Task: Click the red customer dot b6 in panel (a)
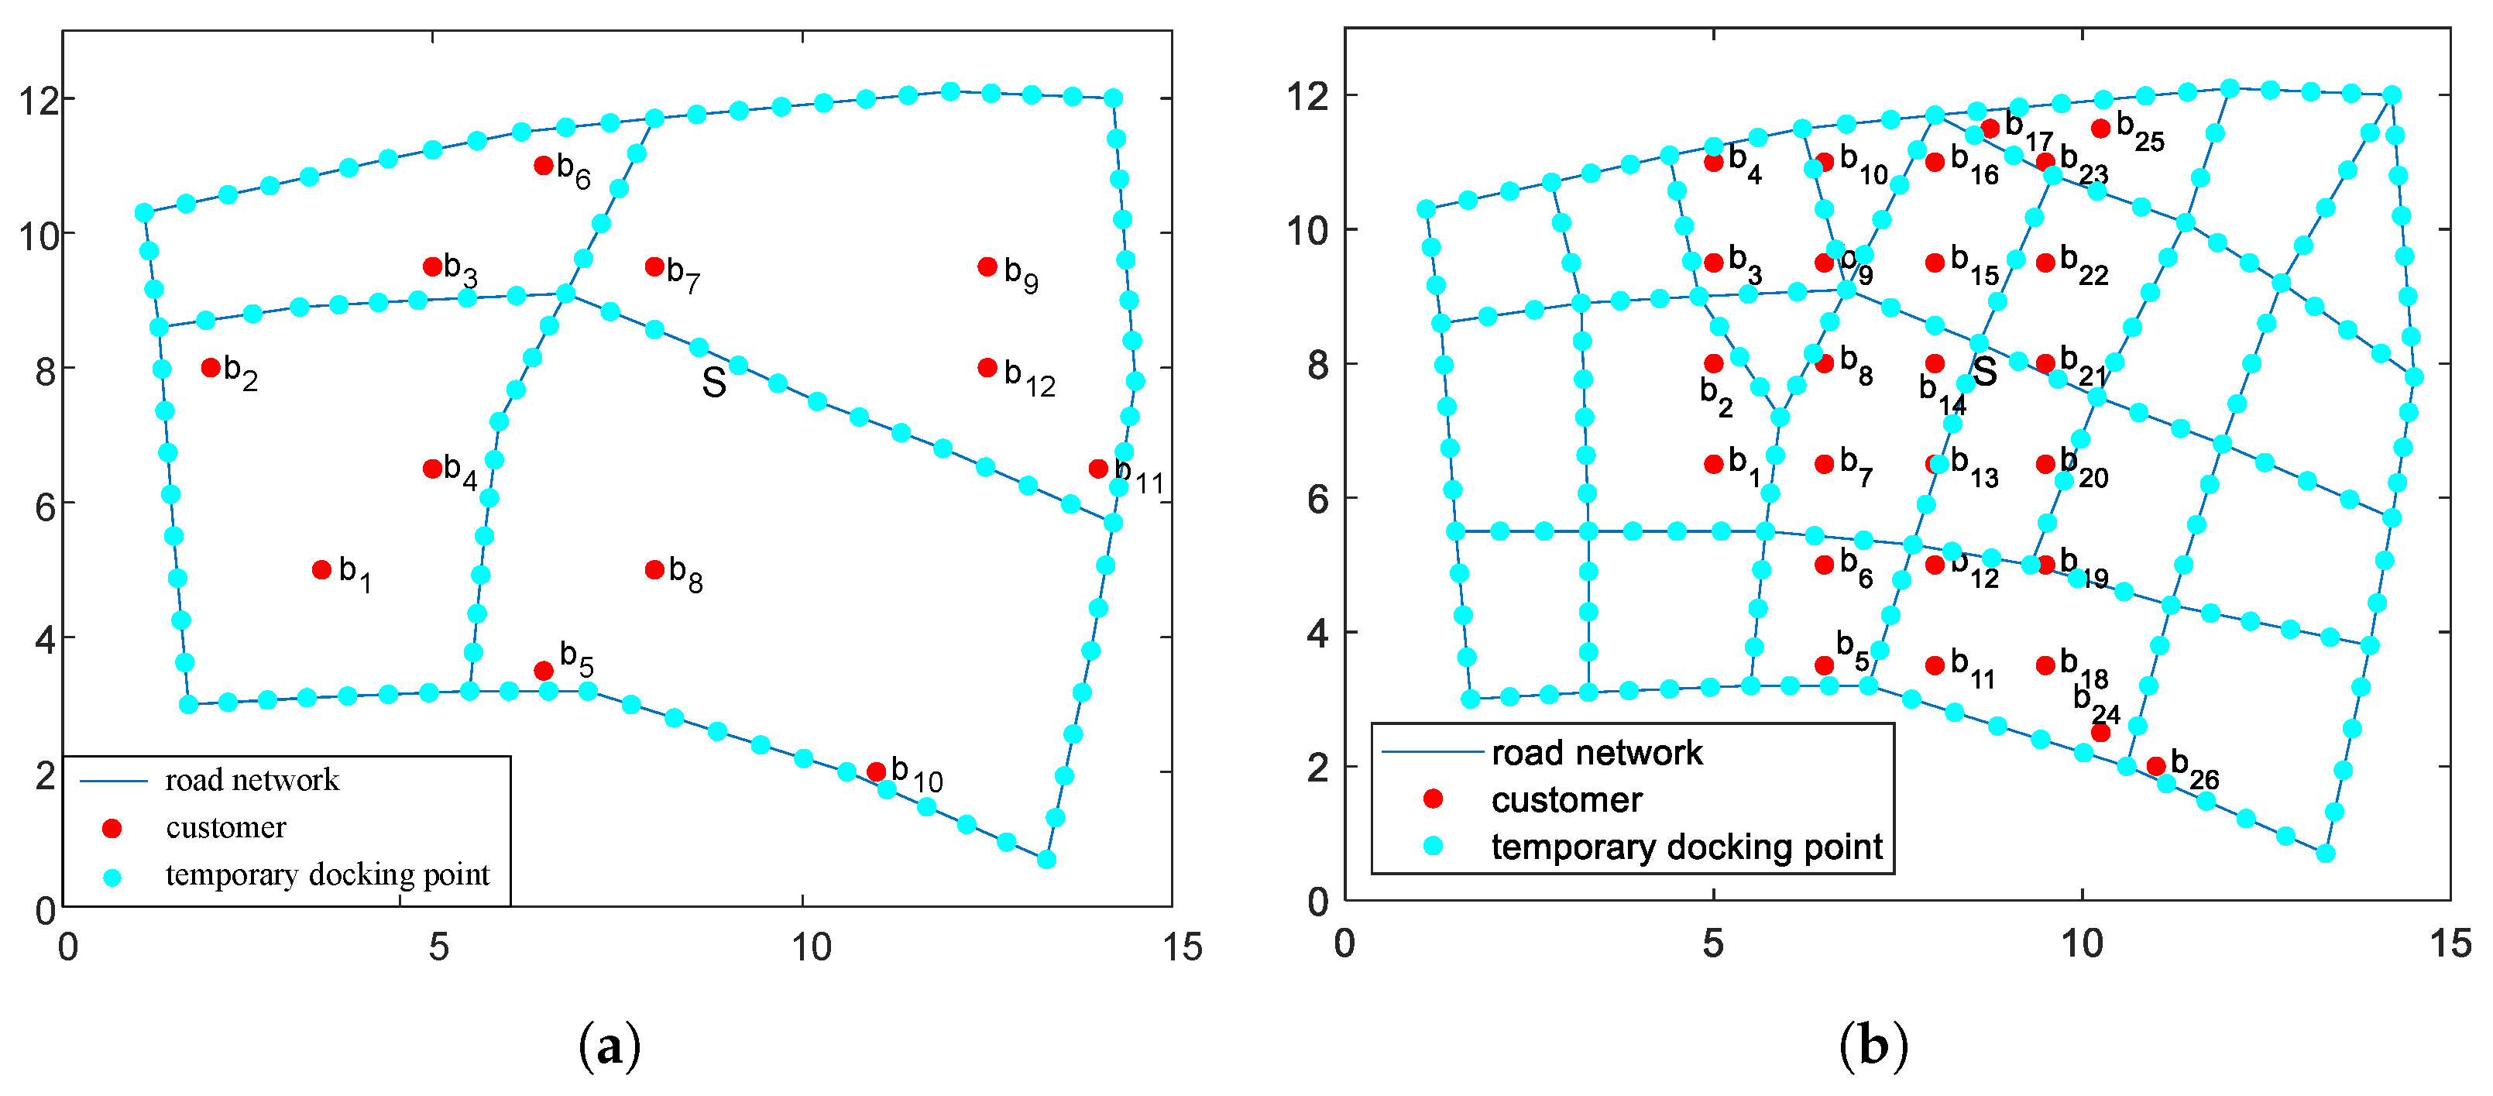[543, 166]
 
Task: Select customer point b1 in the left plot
[322, 570]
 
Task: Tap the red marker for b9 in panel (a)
[987, 267]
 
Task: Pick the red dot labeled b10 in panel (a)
[876, 771]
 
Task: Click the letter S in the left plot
[714, 383]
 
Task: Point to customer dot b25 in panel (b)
[2100, 129]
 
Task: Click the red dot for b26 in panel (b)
[2156, 766]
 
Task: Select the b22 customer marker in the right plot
[2045, 263]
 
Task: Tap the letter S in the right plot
[1985, 371]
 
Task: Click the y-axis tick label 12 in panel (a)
[38, 101]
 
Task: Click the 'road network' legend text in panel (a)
[252, 781]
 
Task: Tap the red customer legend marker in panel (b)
[1434, 799]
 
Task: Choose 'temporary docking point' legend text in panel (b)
[1687, 847]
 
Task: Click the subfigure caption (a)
[609, 1047]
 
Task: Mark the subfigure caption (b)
[1873, 1047]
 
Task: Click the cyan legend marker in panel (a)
[112, 877]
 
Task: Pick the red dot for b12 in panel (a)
[987, 368]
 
